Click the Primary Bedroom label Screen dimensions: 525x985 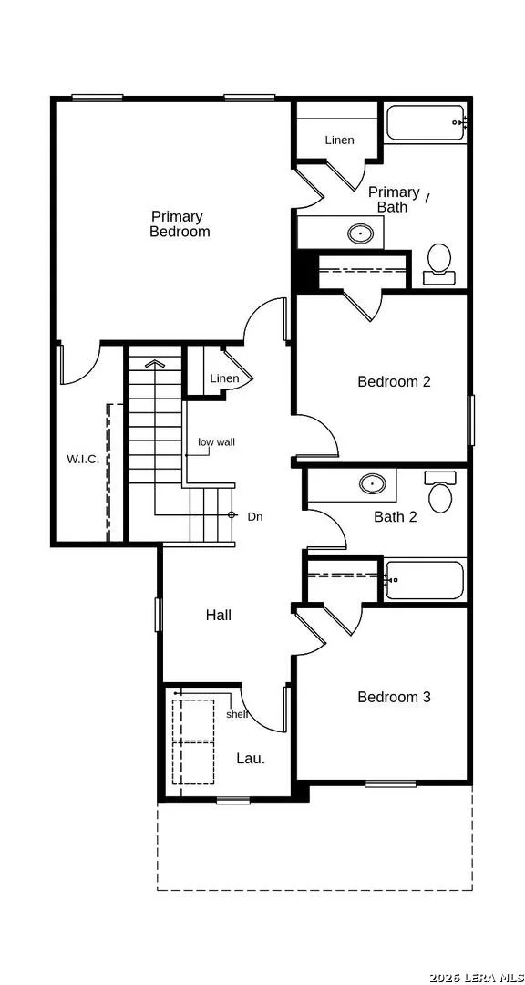point(180,224)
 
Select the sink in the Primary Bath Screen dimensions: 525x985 point(361,233)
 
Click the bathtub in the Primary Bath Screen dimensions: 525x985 point(425,123)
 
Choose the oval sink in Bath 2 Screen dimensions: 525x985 point(373,483)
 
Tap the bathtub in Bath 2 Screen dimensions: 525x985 point(425,579)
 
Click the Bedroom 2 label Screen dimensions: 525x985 point(394,381)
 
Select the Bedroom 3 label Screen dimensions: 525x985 point(394,697)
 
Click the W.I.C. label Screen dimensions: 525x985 point(83,459)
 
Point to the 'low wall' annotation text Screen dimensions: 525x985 point(217,442)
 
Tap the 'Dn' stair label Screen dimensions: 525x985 point(255,517)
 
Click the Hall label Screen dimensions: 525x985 point(219,615)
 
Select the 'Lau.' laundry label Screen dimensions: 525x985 point(251,758)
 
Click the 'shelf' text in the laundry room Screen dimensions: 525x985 point(237,714)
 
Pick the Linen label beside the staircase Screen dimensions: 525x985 point(224,378)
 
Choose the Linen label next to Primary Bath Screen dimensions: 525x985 point(339,140)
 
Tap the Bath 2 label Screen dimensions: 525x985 point(395,517)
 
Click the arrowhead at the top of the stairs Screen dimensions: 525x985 point(153,363)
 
